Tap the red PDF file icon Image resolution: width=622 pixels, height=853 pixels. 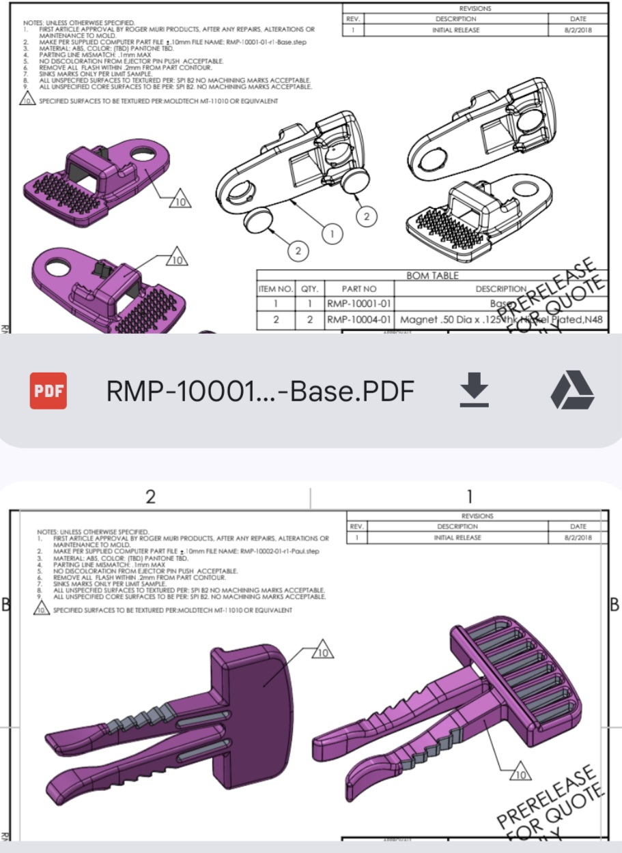48,391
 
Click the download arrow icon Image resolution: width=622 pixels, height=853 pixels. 474,391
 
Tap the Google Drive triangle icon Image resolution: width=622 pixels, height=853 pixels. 572,391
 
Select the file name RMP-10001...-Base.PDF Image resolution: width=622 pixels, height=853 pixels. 260,391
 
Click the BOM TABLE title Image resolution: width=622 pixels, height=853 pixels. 432,276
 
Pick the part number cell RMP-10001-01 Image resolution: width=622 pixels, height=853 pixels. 359,304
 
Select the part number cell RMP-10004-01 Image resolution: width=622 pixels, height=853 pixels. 359,320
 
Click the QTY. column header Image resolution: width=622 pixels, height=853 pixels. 310,289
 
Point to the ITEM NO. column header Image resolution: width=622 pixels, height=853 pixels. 276,289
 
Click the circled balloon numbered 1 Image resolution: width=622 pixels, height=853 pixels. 333,234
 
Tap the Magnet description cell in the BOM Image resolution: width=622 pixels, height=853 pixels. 502,320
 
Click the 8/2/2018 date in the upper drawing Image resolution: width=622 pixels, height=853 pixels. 578,30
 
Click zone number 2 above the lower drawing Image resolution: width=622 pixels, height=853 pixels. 151,497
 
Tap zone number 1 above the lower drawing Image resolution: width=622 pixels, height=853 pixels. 469,497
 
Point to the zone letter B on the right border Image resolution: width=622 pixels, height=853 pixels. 614,605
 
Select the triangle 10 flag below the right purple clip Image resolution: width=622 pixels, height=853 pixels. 521,775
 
